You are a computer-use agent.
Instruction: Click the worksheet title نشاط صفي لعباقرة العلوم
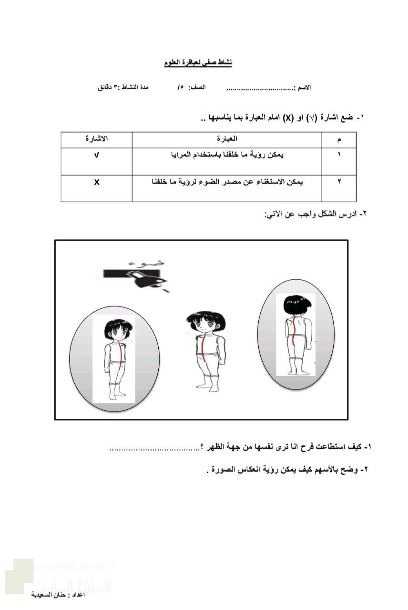[x=198, y=63]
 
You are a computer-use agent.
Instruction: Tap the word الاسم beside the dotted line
[x=303, y=88]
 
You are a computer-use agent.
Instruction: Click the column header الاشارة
[x=96, y=139]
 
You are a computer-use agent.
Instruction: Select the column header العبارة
[x=227, y=139]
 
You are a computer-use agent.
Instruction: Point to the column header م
[x=339, y=140]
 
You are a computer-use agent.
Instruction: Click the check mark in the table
[x=97, y=155]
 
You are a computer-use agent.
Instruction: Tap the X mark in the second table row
[x=97, y=182]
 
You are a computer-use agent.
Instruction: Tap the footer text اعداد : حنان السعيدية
[x=58, y=595]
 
